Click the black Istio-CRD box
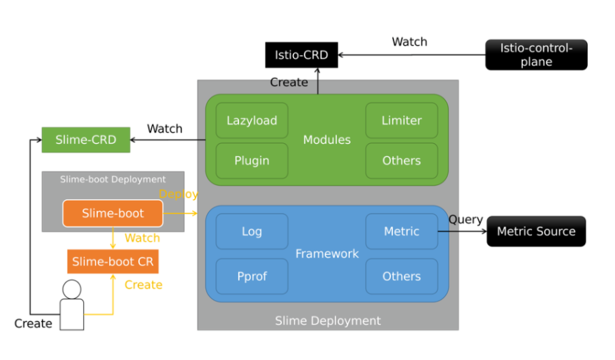301,55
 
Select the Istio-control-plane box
536,54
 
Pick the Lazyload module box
251,120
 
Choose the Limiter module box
401,120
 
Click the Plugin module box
251,161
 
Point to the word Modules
327,140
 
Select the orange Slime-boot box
112,213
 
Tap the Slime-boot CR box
112,261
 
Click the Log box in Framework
251,231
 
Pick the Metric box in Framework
401,231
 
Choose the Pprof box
251,276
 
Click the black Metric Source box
536,231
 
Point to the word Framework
327,254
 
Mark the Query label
466,220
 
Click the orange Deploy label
178,195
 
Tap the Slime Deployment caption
328,321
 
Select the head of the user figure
72,289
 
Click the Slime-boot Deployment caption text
112,180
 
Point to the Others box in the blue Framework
401,276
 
